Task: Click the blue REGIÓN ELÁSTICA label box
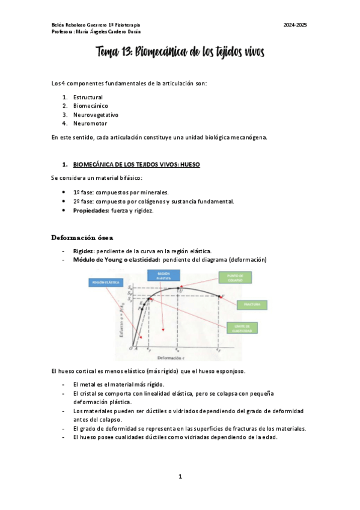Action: click(104, 281)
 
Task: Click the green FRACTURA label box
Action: click(251, 305)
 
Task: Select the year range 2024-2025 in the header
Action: click(295, 25)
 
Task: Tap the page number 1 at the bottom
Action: click(180, 476)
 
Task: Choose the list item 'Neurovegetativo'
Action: click(96, 114)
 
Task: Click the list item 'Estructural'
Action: click(88, 97)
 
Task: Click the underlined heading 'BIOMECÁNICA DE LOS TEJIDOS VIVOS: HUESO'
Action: click(136, 164)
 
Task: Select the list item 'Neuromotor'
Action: click(90, 123)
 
